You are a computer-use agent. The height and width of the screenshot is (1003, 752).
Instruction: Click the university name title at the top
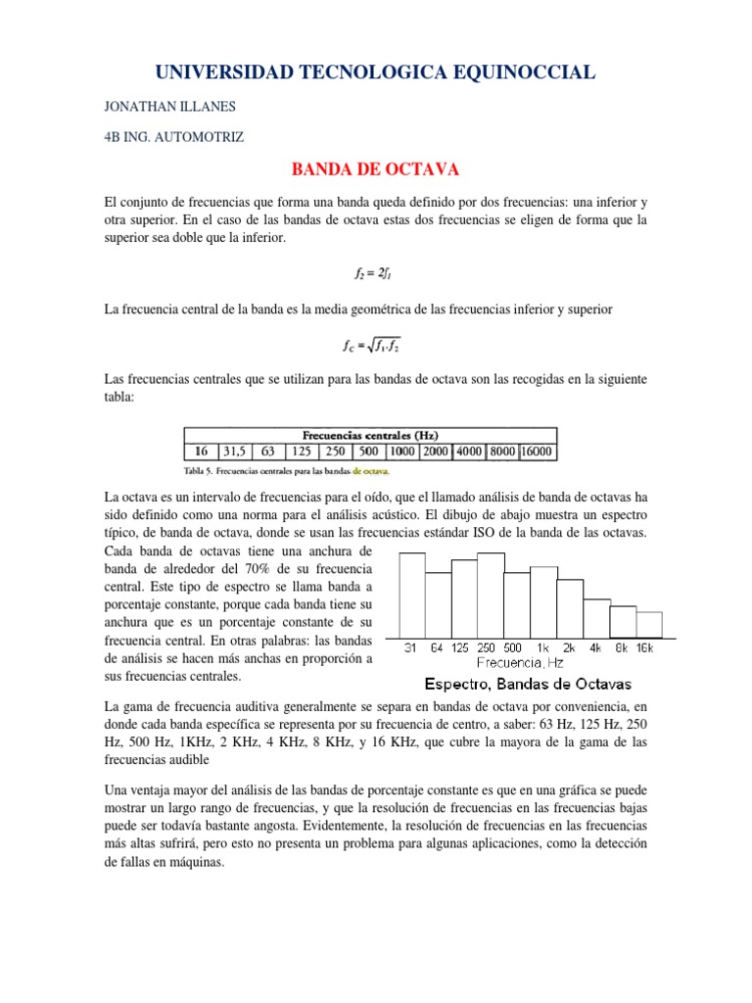click(x=375, y=72)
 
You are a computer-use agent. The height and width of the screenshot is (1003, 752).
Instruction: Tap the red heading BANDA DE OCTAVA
click(x=376, y=169)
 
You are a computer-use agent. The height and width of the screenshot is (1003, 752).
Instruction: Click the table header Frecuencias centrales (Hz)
click(x=370, y=435)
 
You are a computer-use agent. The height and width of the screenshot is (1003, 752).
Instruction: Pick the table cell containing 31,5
click(x=234, y=452)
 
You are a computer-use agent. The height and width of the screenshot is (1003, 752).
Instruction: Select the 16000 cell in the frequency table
click(x=537, y=452)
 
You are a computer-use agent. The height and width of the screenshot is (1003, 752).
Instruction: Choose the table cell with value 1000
click(x=401, y=452)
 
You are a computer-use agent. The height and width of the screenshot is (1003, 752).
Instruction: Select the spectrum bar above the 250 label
click(x=491, y=597)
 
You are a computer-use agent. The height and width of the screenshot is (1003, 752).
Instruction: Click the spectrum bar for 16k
click(x=649, y=625)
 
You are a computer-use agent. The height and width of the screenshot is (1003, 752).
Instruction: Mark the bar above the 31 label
click(x=412, y=596)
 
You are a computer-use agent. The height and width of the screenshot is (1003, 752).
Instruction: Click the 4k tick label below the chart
click(x=595, y=648)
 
